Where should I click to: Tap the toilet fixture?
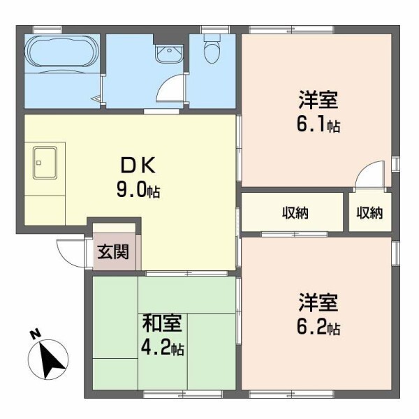(211, 50)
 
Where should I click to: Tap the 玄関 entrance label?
(112, 253)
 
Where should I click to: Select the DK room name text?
(142, 166)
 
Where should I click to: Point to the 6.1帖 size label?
(318, 126)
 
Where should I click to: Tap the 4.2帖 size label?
(163, 348)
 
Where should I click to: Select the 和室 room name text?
(162, 324)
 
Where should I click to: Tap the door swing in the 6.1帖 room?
(372, 175)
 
